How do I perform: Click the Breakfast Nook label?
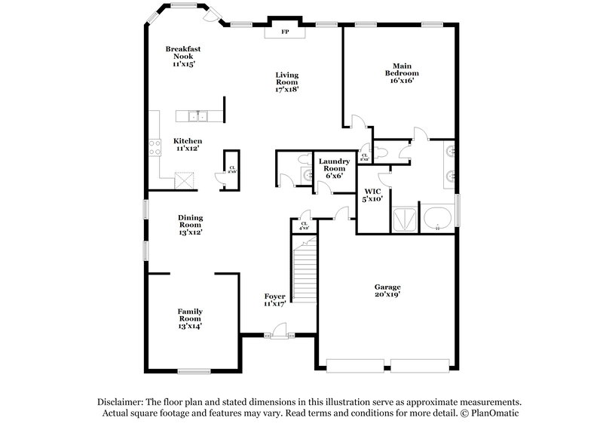point(183,57)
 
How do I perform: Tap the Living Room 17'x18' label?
point(287,81)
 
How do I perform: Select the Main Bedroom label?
point(402,73)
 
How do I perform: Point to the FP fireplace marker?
point(285,32)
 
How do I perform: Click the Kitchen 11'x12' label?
point(188,145)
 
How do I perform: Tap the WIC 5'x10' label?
point(372,195)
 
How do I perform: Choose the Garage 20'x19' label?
point(387,291)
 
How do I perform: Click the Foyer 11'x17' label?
point(274,299)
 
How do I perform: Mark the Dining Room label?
point(190,225)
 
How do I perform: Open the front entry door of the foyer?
point(279,330)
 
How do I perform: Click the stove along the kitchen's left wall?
point(155,146)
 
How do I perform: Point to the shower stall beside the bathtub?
point(405,219)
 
